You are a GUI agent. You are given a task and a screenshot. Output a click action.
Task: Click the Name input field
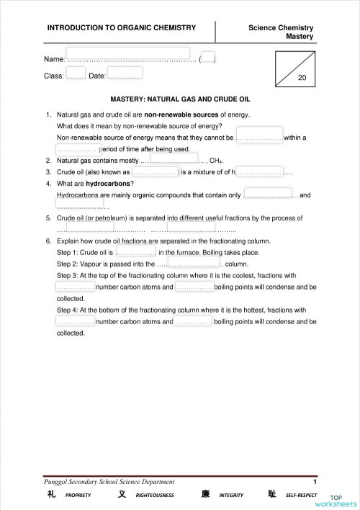128,53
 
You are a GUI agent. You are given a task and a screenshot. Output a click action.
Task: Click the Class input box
76,72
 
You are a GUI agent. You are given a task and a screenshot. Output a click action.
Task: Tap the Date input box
125,72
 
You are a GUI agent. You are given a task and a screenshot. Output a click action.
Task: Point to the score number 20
302,77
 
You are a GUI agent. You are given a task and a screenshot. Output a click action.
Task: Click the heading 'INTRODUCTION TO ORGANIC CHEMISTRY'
122,27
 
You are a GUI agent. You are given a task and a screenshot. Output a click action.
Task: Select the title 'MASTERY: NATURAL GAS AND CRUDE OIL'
180,100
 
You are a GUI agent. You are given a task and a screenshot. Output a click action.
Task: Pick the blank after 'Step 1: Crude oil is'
135,252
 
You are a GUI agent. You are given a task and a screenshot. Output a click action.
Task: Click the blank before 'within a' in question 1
258,137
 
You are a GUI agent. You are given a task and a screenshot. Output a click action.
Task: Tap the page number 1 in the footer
315,480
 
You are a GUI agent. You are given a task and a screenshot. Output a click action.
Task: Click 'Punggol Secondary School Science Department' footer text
109,480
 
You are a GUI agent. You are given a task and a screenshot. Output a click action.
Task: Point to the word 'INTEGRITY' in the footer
232,496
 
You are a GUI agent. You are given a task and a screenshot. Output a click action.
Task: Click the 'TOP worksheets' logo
344,501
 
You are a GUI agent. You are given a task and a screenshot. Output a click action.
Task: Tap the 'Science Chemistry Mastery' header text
287,32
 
